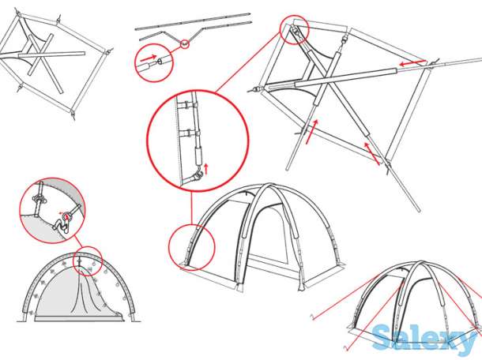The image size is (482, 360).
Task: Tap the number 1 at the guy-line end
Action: [313, 317]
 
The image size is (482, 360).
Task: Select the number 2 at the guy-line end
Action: [346, 348]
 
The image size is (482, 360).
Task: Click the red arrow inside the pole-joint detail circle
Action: [149, 58]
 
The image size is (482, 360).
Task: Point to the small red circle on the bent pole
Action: [184, 44]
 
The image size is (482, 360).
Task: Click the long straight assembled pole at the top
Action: [193, 22]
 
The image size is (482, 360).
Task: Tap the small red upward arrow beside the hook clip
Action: [206, 168]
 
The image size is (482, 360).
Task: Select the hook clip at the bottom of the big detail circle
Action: [196, 177]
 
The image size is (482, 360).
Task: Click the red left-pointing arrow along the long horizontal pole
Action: [412, 63]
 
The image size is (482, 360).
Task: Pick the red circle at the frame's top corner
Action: [294, 29]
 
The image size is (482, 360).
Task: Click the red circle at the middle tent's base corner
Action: [192, 248]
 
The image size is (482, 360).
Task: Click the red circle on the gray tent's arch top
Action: [87, 261]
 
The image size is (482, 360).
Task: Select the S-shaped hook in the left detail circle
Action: [62, 226]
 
